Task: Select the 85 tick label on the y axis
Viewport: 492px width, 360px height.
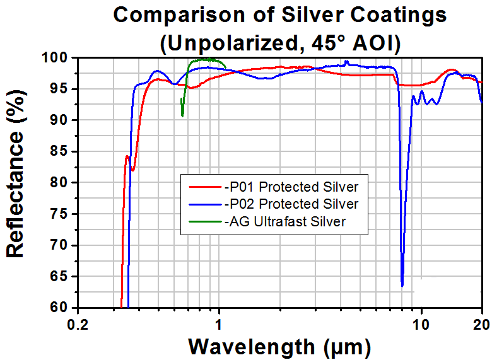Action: [59, 151]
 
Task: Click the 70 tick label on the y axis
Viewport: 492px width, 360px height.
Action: [59, 245]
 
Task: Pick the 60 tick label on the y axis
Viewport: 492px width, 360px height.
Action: [59, 307]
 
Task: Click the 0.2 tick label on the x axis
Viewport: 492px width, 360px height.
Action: [78, 325]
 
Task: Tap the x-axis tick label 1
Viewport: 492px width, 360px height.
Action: [219, 325]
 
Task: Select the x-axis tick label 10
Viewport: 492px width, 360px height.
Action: [421, 325]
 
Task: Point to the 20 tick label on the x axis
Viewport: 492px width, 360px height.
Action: [482, 325]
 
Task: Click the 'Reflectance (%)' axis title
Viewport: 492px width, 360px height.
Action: [15, 173]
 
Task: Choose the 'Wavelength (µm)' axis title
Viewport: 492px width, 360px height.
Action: [279, 347]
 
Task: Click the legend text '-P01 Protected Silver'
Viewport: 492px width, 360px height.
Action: [291, 187]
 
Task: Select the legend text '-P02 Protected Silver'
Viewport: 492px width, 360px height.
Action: [291, 204]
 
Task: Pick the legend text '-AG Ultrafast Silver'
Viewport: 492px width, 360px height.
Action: [285, 221]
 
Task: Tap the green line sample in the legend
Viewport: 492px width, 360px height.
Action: [205, 222]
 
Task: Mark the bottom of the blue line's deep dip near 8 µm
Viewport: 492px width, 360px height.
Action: [402, 286]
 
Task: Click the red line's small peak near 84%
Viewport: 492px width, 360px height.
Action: [127, 156]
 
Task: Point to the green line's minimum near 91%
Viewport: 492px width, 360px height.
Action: [182, 115]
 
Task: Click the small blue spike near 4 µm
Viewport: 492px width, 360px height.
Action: [346, 61]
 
